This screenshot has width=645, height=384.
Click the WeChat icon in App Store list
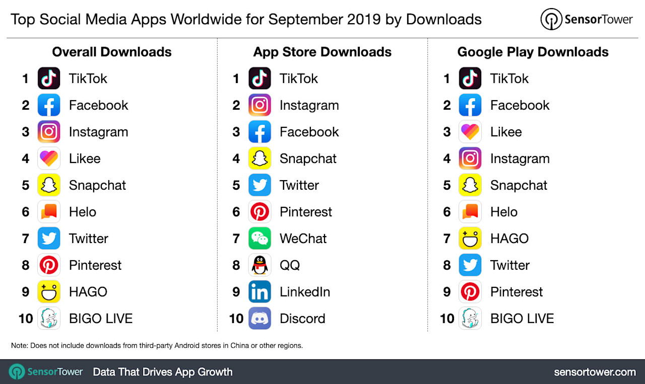260,239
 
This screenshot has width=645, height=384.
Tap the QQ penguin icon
260,265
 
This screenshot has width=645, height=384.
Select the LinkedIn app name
305,292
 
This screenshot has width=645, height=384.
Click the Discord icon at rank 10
260,319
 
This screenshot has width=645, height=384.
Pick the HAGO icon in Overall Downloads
49,292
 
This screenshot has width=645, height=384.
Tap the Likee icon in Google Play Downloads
470,132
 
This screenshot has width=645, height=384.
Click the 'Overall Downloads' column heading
112,52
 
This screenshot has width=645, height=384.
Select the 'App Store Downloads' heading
322,52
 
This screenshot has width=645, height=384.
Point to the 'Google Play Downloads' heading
533,52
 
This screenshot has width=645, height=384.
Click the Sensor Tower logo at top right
586,20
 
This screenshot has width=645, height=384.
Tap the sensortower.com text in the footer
595,372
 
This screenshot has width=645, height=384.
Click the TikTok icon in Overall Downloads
49,79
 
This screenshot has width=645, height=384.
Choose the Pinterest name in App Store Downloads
306,212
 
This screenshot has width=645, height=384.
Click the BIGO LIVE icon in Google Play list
470,319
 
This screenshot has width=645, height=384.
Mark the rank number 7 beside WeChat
236,239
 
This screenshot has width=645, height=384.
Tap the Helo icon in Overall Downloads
49,212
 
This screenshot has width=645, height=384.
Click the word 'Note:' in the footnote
20,346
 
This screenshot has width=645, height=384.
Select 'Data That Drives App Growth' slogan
163,372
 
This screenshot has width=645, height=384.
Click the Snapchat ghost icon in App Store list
260,159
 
